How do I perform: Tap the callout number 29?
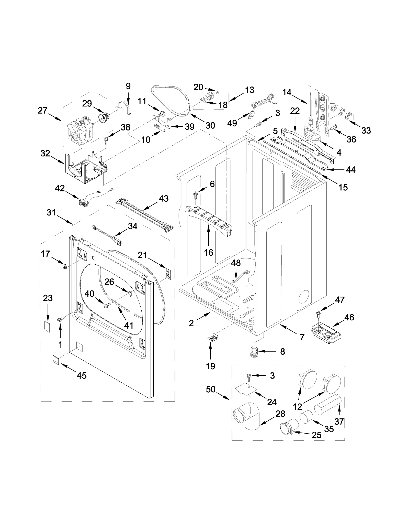coord(87,104)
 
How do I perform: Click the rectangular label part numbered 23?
coord(47,326)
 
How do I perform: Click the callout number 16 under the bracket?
coord(209,253)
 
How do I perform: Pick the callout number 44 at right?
coord(350,170)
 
